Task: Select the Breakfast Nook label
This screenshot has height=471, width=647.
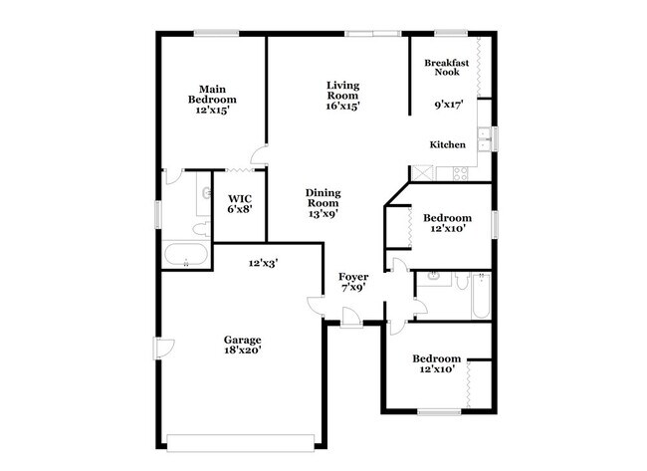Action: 446,69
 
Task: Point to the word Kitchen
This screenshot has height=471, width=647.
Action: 447,145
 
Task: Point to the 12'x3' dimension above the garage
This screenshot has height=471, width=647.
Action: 263,263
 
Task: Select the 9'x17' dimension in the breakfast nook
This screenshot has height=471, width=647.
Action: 450,104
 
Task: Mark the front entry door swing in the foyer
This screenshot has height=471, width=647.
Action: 351,317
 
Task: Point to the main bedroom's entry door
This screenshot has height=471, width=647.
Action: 259,154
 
